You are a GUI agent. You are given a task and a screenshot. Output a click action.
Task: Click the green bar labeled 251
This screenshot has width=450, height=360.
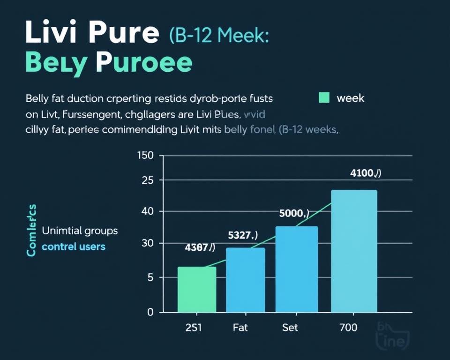pyautogui.click(x=197, y=289)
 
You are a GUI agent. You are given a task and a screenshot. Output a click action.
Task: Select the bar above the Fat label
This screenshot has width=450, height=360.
pyautogui.click(x=246, y=280)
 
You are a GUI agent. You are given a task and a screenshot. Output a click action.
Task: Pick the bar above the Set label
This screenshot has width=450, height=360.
pyautogui.click(x=297, y=269)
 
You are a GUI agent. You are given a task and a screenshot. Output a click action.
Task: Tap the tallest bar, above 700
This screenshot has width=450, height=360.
pyautogui.click(x=354, y=251)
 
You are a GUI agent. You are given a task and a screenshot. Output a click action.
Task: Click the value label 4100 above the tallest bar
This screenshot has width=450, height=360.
pyautogui.click(x=366, y=173)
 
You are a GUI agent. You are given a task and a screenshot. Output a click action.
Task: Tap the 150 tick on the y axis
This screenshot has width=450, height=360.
pyautogui.click(x=145, y=156)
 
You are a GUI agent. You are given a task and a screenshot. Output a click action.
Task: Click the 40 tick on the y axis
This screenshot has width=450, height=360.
pyautogui.click(x=147, y=211)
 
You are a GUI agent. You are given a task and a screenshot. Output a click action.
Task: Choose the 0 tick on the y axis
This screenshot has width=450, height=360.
pyautogui.click(x=150, y=312)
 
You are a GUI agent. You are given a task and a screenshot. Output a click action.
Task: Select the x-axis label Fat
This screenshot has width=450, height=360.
pyautogui.click(x=240, y=328)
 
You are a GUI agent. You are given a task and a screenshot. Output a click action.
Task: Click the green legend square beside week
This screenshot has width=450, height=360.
pyautogui.click(x=323, y=98)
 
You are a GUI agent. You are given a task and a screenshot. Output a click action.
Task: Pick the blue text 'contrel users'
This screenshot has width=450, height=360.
pyautogui.click(x=74, y=246)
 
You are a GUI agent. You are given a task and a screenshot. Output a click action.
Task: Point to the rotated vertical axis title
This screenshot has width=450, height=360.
pyautogui.click(x=31, y=230)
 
